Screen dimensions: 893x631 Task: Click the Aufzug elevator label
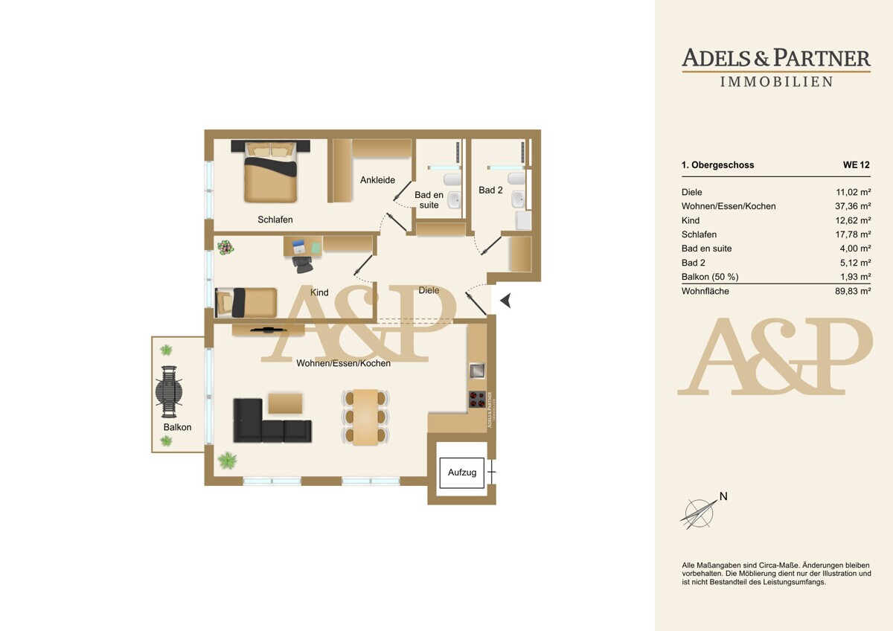click(x=461, y=473)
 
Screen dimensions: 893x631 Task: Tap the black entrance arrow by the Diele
click(x=506, y=301)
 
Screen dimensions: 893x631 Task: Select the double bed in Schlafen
click(x=271, y=171)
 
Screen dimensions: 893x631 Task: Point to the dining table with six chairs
click(x=365, y=417)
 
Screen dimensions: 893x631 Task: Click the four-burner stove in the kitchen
click(x=477, y=400)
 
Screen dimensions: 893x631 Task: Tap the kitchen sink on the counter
click(x=477, y=371)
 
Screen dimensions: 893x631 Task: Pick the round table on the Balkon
click(x=169, y=392)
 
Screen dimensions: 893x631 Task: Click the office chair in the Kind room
click(x=302, y=264)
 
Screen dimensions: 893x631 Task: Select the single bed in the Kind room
click(x=246, y=303)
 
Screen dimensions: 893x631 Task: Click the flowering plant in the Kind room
click(x=225, y=248)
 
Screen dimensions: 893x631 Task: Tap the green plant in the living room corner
click(x=227, y=461)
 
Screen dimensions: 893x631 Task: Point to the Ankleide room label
click(x=377, y=180)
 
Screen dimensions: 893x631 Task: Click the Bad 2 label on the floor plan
click(x=490, y=190)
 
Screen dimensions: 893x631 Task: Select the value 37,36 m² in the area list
click(x=853, y=206)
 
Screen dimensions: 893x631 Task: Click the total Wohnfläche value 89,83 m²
click(x=853, y=291)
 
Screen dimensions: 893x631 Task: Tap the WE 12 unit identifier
click(x=857, y=164)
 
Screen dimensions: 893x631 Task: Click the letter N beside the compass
click(x=723, y=496)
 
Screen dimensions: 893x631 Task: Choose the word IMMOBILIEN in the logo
click(x=777, y=82)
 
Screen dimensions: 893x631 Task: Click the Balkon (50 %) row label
click(x=710, y=277)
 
